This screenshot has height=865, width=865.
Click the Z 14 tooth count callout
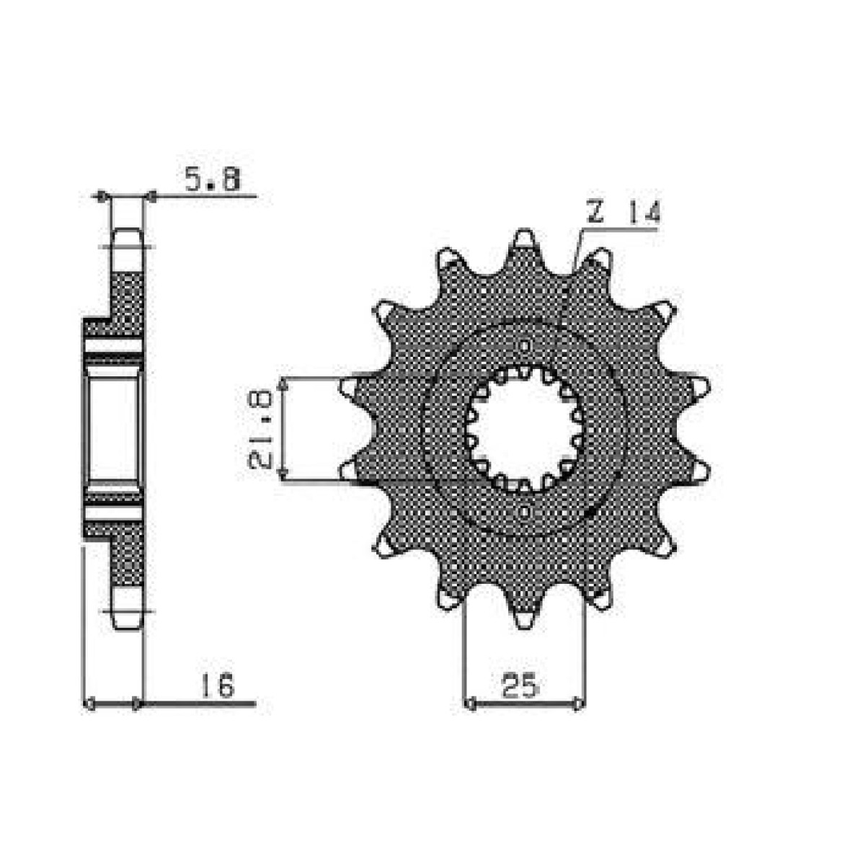tap(623, 214)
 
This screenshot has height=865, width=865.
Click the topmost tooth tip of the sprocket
tap(525, 237)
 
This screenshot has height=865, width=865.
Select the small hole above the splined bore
tap(525, 345)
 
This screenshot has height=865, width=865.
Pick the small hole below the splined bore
tap(525, 513)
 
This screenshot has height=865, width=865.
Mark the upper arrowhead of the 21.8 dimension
tap(284, 383)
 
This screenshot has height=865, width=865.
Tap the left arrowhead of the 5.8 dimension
tap(102, 195)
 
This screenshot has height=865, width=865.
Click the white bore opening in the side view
tap(114, 430)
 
